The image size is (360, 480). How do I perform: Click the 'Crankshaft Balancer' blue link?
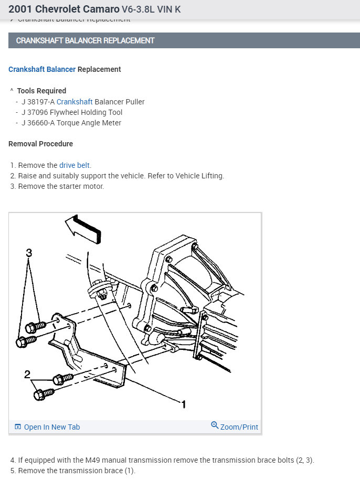pos(42,69)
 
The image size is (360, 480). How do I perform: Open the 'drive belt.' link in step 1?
pos(75,165)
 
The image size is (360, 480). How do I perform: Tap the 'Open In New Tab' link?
pos(52,427)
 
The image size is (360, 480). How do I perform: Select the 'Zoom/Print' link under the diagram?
pos(239,427)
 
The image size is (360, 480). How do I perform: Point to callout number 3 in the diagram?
pos(29,253)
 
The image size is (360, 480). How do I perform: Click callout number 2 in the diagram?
pos(27,375)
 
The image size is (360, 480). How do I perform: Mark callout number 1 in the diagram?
pos(184,404)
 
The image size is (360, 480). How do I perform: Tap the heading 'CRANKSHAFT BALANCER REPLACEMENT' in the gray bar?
pos(85,40)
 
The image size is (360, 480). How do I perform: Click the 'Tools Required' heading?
pos(41,91)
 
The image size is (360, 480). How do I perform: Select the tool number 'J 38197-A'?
pos(38,102)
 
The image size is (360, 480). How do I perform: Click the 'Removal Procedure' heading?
pos(41,144)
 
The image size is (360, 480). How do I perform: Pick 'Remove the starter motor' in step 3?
pos(61,186)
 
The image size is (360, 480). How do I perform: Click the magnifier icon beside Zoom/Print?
pos(214,425)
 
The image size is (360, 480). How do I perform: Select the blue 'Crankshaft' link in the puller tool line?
pos(75,102)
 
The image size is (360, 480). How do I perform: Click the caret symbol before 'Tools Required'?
pos(12,91)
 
